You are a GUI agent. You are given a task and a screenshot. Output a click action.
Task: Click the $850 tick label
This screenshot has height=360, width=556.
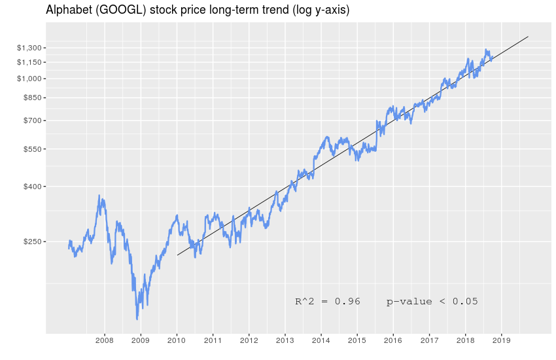pos(33,98)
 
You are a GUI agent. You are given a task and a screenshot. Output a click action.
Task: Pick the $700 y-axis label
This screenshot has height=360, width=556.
pos(33,120)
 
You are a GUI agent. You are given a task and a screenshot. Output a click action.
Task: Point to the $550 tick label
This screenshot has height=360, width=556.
pos(33,149)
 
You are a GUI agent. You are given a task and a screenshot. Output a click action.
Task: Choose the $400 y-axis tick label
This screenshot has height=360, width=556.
pos(33,187)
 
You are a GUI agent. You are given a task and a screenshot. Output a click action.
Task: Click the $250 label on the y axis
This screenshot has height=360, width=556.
pos(33,242)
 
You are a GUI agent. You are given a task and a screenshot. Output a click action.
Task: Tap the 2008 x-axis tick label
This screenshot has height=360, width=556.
pos(105,340)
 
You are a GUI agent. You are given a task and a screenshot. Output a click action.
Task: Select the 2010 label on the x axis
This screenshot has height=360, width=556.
pos(177,340)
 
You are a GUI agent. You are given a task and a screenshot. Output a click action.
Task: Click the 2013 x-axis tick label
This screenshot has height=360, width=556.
pos(285,340)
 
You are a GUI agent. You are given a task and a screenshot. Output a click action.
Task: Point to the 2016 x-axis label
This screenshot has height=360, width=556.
pos(392,340)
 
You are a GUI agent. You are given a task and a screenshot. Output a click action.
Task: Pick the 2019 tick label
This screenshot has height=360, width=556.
pos(501,340)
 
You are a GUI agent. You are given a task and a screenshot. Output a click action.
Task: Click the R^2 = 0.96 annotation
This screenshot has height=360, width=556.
pos(328,302)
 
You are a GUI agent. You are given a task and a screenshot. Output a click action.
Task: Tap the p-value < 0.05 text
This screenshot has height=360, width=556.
pos(432,302)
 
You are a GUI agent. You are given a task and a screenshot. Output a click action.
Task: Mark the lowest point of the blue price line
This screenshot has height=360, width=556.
pos(137,319)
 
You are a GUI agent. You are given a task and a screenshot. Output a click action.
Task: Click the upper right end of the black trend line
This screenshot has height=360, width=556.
pos(528,37)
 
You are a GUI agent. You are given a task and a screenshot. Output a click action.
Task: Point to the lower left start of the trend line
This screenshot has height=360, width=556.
pos(177,255)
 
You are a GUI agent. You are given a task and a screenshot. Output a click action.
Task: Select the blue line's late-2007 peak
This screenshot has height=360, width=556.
pos(99,195)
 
